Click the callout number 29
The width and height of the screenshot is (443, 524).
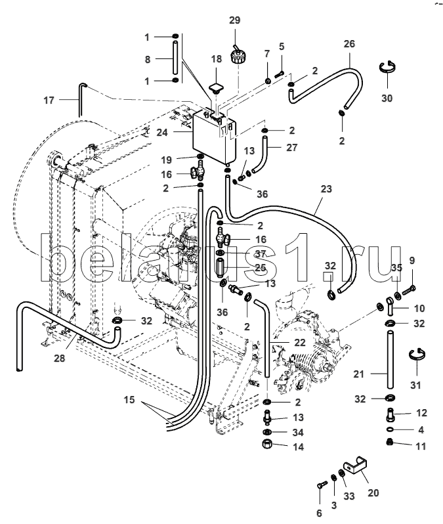point(234,20)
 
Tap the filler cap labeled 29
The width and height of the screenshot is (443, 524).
point(238,55)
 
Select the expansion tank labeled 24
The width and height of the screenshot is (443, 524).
point(215,137)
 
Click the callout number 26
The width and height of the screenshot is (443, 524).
point(349,44)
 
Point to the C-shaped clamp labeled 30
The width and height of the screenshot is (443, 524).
point(387,67)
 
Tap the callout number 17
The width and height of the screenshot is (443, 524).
point(49,100)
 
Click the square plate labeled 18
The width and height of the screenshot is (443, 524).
point(216,87)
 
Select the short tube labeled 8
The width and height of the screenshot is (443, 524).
point(176,58)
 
